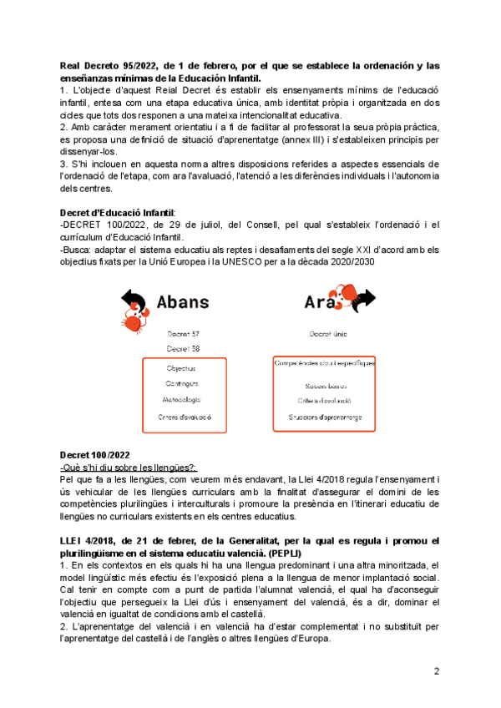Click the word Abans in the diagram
[x=183, y=301]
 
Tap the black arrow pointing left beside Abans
[x=134, y=298]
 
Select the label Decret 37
[x=181, y=333]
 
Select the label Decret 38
[x=181, y=348]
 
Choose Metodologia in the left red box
[x=183, y=400]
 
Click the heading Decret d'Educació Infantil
[x=118, y=212]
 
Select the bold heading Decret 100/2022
[x=95, y=454]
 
